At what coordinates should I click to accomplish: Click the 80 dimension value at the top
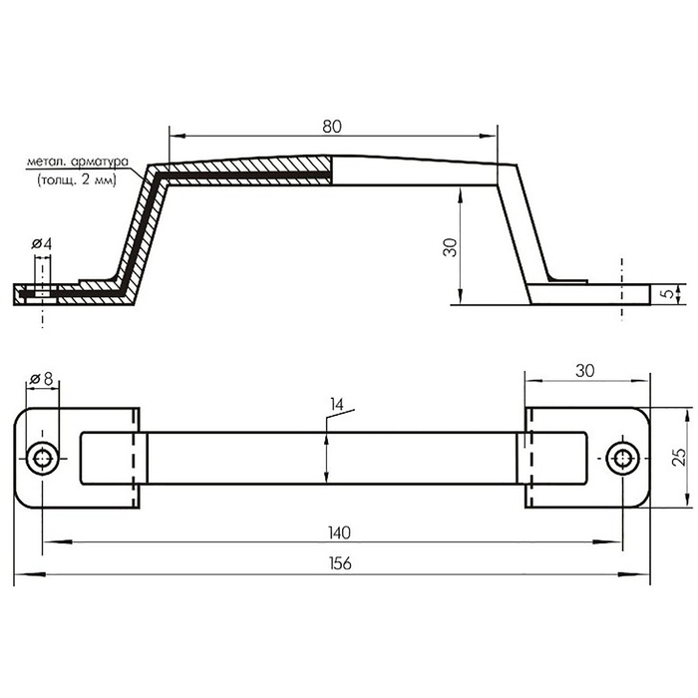(x=332, y=127)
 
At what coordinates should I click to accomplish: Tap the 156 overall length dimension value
(x=341, y=563)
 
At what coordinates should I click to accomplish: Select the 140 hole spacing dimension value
(x=340, y=532)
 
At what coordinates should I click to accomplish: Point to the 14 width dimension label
(x=337, y=405)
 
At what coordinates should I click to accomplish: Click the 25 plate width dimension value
(x=679, y=457)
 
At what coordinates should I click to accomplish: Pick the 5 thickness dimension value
(x=669, y=294)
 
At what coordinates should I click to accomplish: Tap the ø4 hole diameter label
(x=42, y=244)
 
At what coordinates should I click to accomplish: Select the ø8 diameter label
(x=42, y=379)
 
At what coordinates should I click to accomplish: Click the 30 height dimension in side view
(x=450, y=247)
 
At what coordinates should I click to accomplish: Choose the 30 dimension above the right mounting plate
(x=585, y=370)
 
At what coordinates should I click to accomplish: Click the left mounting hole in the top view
(x=42, y=458)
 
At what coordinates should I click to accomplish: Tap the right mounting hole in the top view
(x=622, y=458)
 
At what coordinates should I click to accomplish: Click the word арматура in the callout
(x=100, y=162)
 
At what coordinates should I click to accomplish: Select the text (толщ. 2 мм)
(x=77, y=180)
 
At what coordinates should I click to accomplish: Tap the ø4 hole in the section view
(x=42, y=294)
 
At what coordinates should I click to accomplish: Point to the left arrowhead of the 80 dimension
(x=178, y=137)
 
